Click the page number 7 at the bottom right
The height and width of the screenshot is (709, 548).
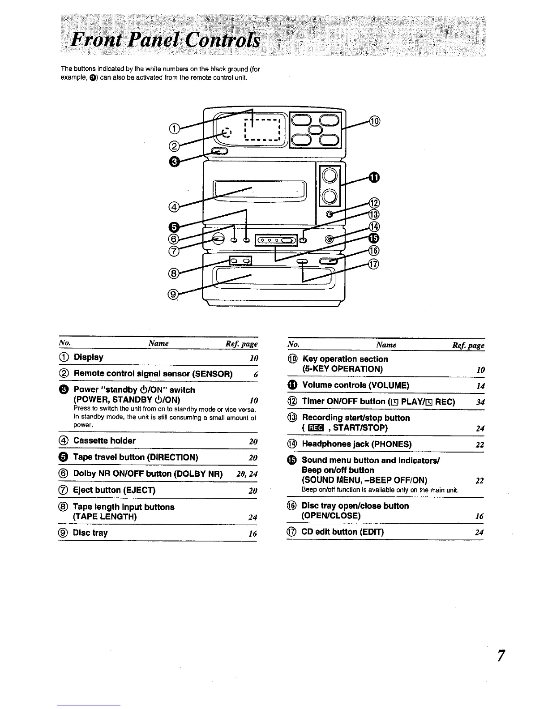pos(501,655)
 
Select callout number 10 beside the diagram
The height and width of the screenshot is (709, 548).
pos(375,121)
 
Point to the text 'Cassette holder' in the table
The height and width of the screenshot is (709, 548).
pos(104,441)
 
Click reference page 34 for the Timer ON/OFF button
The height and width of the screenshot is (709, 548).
pos(480,402)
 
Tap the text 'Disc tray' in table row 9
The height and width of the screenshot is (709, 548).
pos(90,533)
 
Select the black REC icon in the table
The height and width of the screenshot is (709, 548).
pos(316,428)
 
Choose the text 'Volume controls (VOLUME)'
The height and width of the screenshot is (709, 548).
pos(355,385)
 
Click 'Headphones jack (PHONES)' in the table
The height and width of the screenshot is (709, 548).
pos(357,444)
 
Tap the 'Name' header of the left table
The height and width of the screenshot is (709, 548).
pos(158,343)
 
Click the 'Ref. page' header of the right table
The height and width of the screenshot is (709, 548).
pos(468,345)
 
